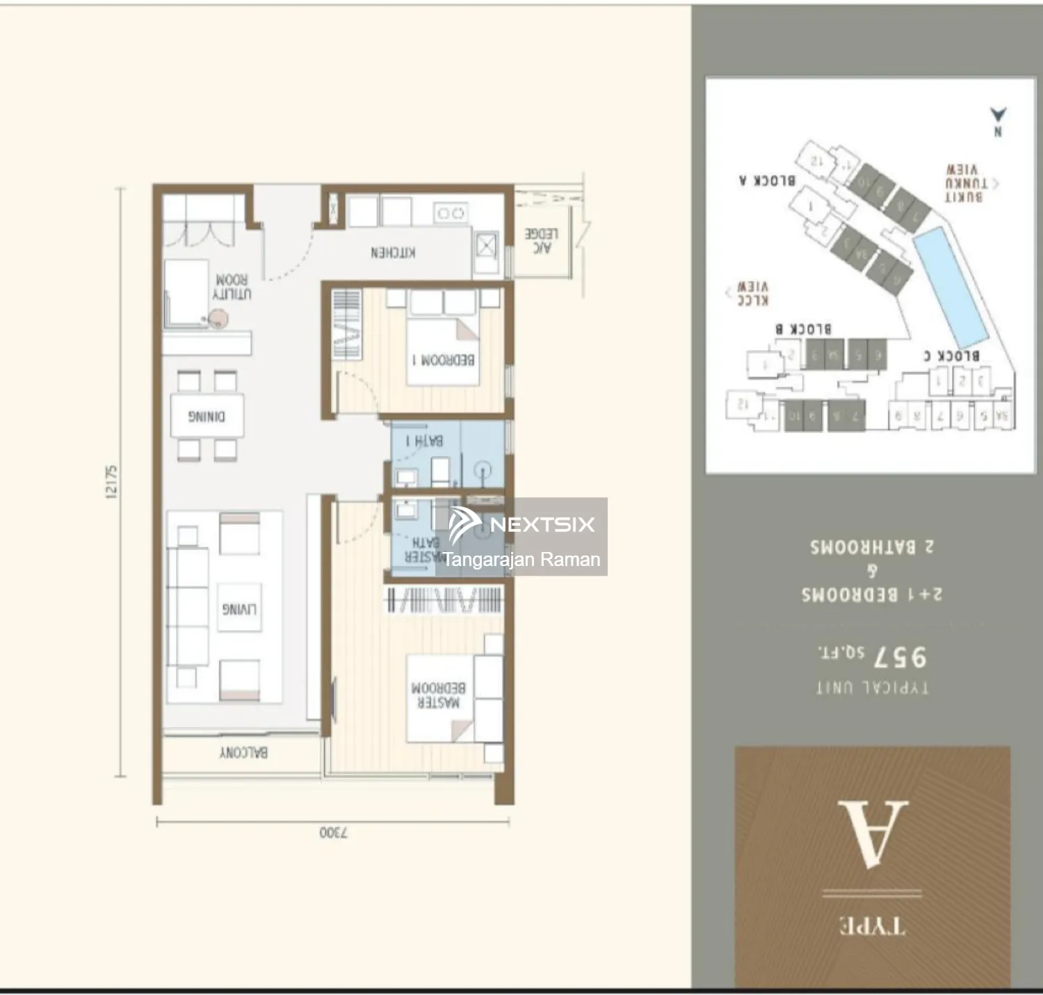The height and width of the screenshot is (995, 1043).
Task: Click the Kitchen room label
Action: tap(393, 252)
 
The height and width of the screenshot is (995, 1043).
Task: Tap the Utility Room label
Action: tap(232, 286)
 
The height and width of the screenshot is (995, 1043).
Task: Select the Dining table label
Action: tap(207, 416)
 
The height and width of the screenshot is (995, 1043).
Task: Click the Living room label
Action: tap(239, 609)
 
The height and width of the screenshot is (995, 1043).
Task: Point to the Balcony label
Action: tap(243, 752)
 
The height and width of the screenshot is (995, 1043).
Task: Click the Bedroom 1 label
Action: tap(444, 360)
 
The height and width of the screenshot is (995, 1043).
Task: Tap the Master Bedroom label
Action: tap(438, 695)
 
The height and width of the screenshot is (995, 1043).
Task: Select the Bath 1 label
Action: tap(424, 441)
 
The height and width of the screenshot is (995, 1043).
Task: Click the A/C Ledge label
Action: tap(541, 241)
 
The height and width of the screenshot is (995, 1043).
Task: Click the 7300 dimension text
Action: tap(334, 832)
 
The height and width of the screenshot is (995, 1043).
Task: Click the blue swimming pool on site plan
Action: tap(950, 289)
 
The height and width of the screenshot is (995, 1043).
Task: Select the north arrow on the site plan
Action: tap(998, 120)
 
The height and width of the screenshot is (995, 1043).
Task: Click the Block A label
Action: tap(767, 181)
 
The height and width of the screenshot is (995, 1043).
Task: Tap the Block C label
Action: tap(951, 355)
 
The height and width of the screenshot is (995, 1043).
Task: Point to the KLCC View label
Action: tap(752, 293)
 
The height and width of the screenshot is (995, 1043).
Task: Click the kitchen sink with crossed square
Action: tap(486, 245)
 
